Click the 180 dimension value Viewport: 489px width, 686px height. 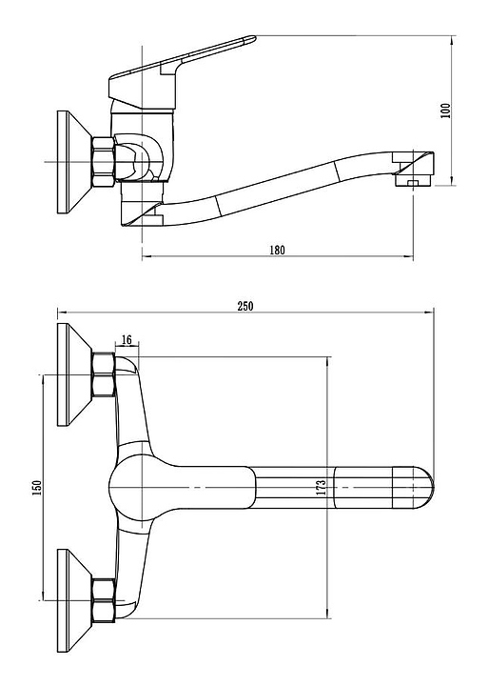[x=277, y=250]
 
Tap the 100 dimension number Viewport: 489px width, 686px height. [x=445, y=111]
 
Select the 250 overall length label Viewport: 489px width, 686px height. [x=245, y=306]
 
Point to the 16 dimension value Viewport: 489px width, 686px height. [x=127, y=339]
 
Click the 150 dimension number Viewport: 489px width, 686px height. [x=37, y=488]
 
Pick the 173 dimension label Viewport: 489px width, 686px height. [x=322, y=488]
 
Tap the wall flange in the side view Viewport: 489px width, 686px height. [x=74, y=162]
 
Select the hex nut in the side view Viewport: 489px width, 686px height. [x=104, y=162]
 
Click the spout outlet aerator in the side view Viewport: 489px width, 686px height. [x=414, y=180]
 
